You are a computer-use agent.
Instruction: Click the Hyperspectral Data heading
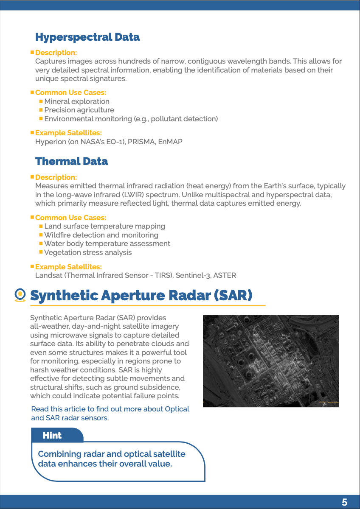click(87, 37)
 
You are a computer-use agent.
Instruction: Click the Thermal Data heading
click(71, 162)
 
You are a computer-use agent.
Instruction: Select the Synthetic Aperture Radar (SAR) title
click(141, 295)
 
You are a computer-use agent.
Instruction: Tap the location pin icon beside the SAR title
click(20, 295)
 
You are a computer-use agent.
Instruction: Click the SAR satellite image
click(271, 361)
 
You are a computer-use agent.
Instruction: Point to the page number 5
click(344, 503)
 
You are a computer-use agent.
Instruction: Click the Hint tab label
click(52, 436)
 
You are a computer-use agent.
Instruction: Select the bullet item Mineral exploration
click(77, 101)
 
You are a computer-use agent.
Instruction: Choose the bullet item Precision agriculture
click(79, 110)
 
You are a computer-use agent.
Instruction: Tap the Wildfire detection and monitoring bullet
click(101, 235)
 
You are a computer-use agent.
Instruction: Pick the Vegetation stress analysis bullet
click(88, 252)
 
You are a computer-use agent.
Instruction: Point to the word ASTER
click(225, 275)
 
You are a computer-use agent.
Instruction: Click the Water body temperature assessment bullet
click(107, 243)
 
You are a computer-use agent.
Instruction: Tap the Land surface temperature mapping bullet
click(104, 226)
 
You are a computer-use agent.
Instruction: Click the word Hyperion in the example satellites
click(51, 142)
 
